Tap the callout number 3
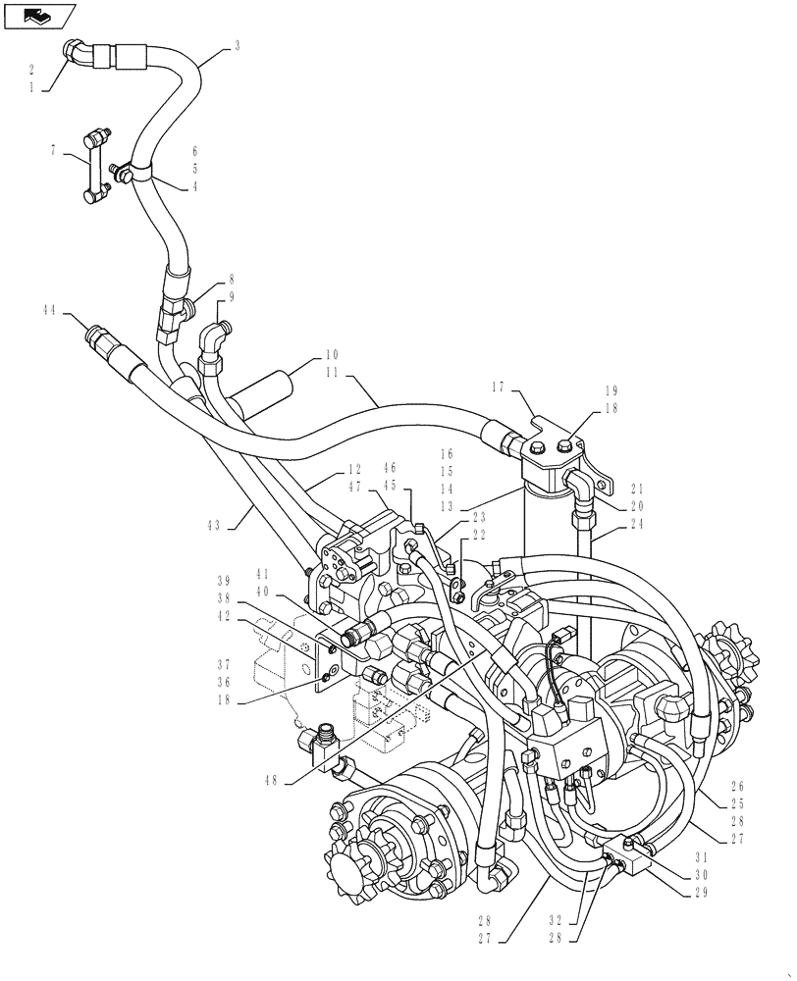(x=238, y=45)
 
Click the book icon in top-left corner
(x=40, y=16)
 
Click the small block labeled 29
(x=627, y=852)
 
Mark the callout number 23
(x=478, y=516)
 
